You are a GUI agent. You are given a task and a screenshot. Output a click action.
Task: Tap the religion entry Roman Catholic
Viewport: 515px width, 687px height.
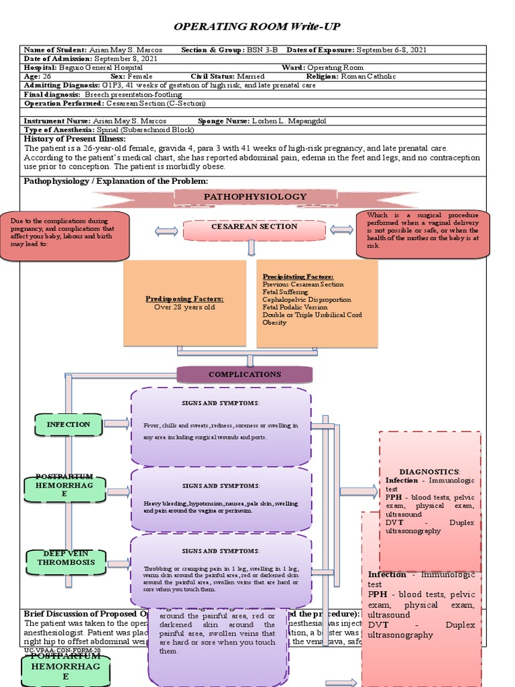[x=368, y=76]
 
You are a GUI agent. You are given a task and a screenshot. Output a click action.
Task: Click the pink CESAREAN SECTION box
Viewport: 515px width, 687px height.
[x=254, y=227]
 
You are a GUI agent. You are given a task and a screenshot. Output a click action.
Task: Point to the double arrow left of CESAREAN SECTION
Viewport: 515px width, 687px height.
[x=166, y=231]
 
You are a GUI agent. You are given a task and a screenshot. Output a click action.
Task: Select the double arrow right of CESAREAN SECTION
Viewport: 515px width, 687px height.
[x=341, y=230]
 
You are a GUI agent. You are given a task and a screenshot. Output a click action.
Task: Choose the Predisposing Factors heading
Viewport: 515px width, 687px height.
[x=185, y=299]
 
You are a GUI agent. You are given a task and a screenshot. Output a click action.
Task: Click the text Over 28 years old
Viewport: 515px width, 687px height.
[x=185, y=307]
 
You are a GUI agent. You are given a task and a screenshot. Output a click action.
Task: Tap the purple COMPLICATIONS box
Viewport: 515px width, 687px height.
[x=245, y=374]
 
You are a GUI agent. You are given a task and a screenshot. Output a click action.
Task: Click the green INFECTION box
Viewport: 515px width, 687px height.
[x=68, y=425]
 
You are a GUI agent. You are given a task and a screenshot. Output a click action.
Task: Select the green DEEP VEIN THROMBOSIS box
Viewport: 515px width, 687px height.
[x=66, y=558]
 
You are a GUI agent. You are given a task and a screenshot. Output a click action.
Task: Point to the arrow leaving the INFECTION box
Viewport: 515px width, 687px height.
[x=117, y=423]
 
